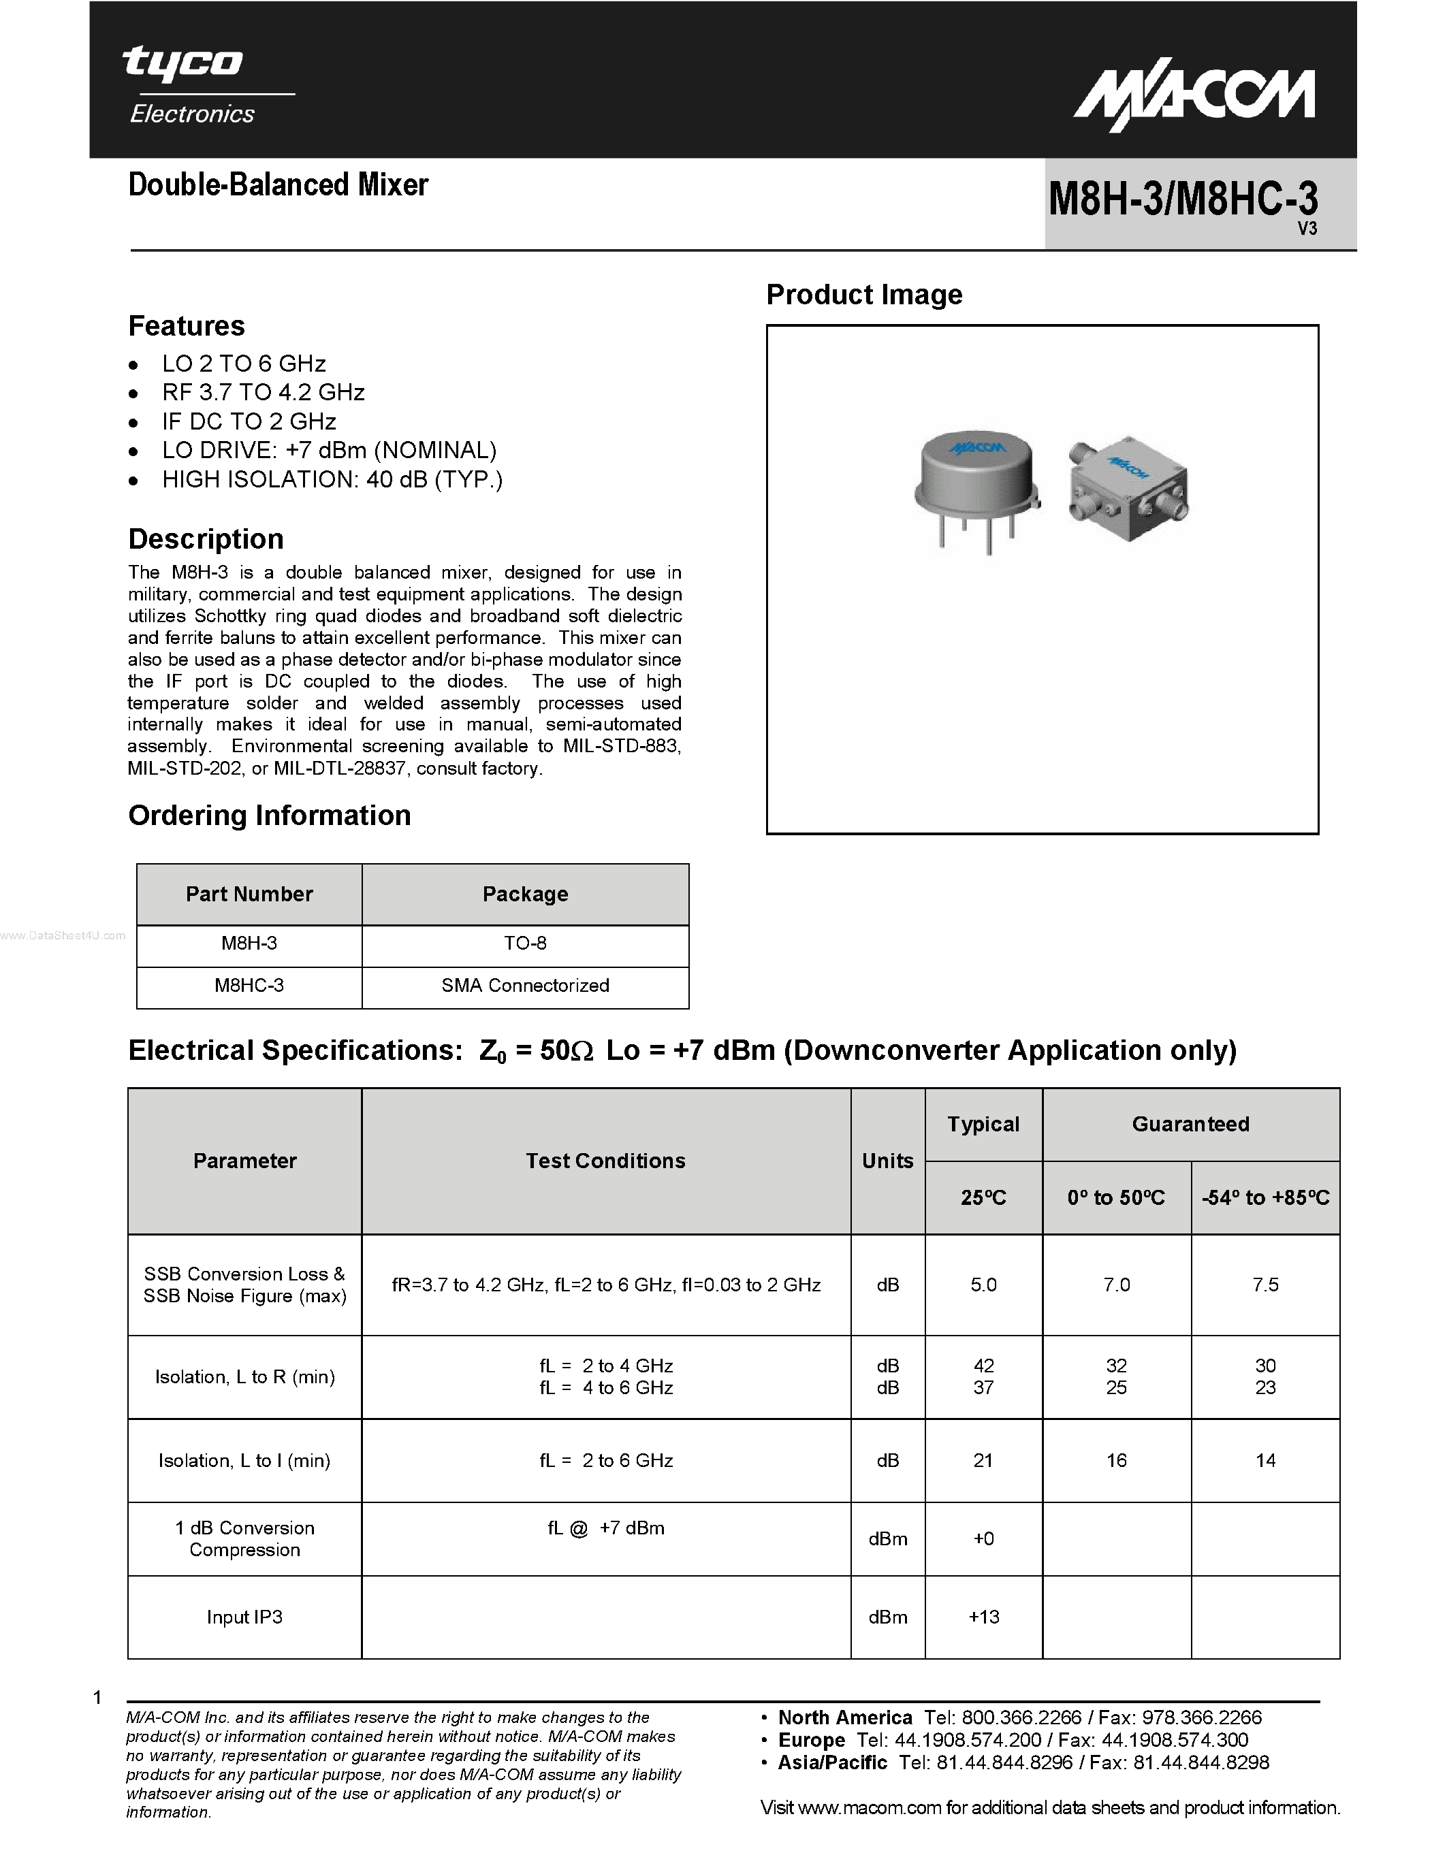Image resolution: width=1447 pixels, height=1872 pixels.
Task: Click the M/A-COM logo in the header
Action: (1195, 98)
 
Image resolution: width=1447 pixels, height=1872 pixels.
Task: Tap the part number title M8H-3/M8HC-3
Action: (1183, 199)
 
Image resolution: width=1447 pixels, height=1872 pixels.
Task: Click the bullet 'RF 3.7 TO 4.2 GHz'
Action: (263, 393)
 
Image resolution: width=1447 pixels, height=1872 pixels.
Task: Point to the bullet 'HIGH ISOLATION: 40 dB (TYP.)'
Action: (332, 479)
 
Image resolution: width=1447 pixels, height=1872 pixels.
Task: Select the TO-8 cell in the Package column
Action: (524, 943)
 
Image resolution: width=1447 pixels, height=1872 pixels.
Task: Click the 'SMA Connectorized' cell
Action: (524, 986)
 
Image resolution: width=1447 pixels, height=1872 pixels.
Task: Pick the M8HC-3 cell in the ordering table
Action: (249, 986)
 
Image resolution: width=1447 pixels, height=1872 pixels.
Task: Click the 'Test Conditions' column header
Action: (605, 1161)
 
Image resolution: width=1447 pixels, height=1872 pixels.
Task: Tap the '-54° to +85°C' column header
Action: (1265, 1197)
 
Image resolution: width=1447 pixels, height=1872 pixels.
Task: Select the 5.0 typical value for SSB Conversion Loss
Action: (983, 1285)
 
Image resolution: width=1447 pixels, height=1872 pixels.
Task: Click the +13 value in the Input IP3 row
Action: (983, 1617)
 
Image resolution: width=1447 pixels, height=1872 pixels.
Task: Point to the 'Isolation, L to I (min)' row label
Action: (244, 1461)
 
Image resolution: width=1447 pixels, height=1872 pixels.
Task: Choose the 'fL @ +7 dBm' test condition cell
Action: (605, 1528)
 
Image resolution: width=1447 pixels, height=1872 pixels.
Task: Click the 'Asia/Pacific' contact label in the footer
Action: (832, 1762)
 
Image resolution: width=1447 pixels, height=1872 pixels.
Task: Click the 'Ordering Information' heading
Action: (269, 815)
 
